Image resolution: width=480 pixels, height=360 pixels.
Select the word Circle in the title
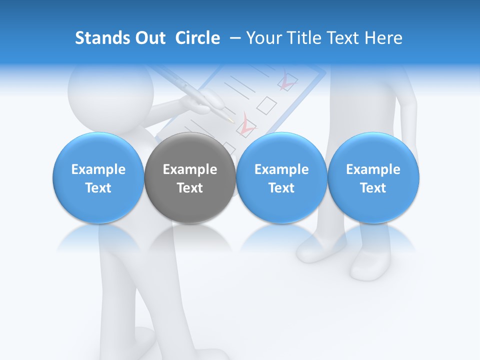coord(197,38)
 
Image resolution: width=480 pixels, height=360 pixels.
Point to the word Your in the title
coord(262,38)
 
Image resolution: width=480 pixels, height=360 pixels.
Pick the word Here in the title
coord(383,38)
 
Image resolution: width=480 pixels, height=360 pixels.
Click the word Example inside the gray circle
coord(190,169)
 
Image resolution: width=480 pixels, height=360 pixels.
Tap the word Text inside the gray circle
coord(190,188)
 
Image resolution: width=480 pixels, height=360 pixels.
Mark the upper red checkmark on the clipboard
coord(287,81)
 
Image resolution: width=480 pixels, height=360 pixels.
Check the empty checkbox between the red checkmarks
coord(266,104)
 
